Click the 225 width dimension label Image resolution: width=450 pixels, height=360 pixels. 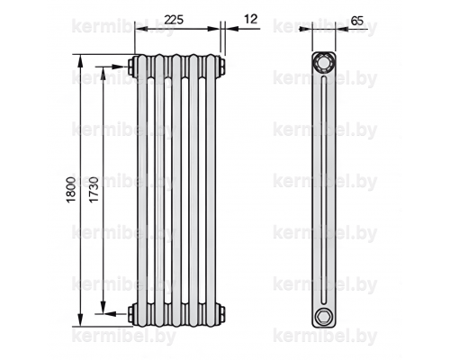tap(175, 20)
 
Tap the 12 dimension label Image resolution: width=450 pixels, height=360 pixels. tap(251, 19)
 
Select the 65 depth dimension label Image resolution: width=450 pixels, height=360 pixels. tap(356, 21)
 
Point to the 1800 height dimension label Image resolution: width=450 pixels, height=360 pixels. tap(71, 190)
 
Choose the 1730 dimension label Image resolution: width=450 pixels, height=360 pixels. tap(94, 190)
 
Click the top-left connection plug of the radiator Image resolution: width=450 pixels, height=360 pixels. tap(131, 67)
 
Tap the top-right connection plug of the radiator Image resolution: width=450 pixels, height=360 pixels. tap(221, 67)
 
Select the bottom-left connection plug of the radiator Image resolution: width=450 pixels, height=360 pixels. tap(131, 314)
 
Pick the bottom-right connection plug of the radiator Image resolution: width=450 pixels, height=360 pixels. tap(221, 314)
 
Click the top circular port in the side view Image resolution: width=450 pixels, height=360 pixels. tap(323, 63)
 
